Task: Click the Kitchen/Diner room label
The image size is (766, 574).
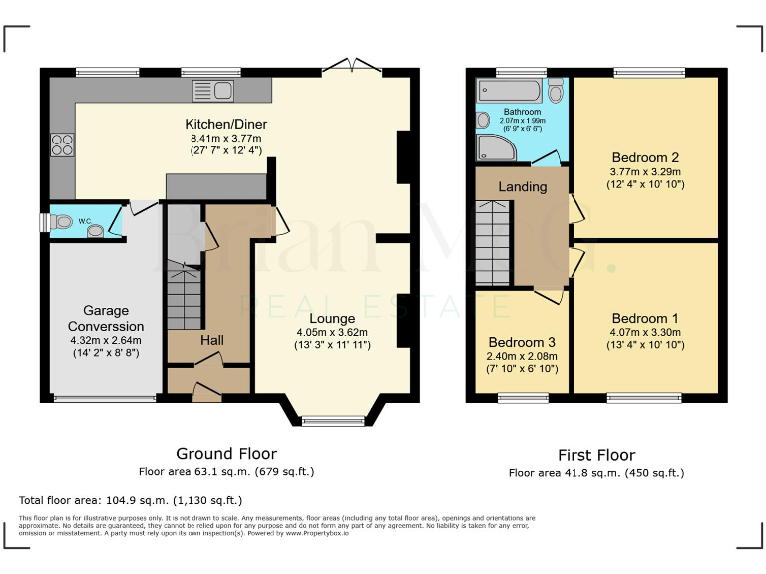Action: (x=226, y=124)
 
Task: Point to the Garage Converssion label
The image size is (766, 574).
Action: (x=106, y=318)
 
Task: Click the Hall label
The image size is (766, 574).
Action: (x=211, y=340)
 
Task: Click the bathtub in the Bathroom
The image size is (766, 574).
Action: (x=509, y=90)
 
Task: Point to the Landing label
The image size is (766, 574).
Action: (x=523, y=186)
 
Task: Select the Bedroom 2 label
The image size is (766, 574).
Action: (x=645, y=157)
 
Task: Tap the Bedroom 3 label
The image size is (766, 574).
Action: (x=522, y=342)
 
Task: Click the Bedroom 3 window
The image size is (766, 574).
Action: (x=522, y=398)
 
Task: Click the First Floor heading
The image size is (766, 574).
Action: (x=595, y=454)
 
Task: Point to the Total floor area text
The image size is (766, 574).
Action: (x=131, y=500)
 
